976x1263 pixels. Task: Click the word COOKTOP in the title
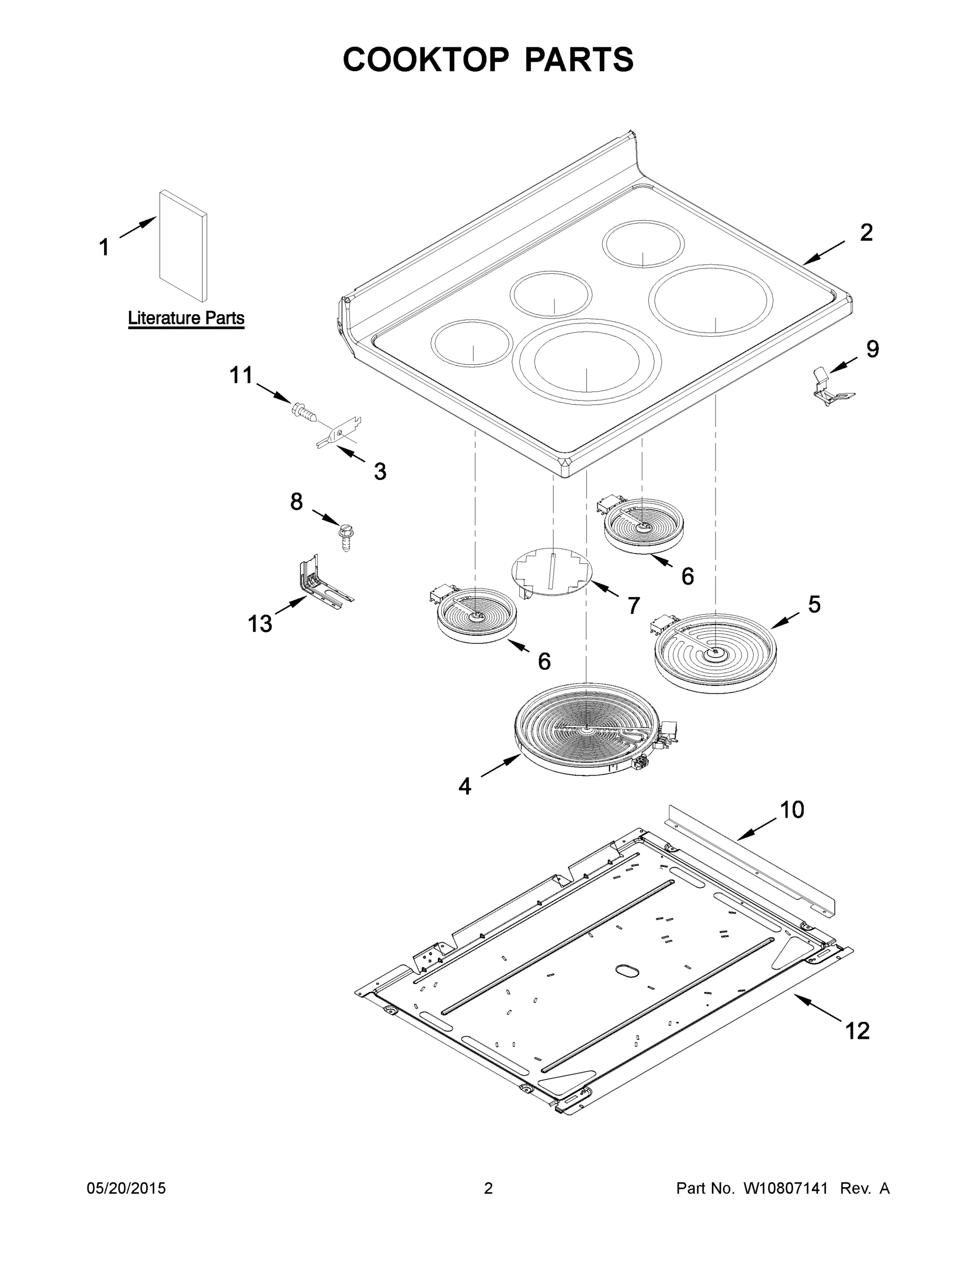[426, 59]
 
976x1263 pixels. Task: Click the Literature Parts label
[186, 318]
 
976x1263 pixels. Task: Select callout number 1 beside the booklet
[104, 247]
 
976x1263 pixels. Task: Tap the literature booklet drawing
[183, 246]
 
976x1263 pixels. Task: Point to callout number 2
[866, 233]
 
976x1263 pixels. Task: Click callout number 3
[379, 472]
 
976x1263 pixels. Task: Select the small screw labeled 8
[346, 536]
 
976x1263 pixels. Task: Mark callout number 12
[858, 1030]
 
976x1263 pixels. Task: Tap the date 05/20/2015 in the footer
[126, 1188]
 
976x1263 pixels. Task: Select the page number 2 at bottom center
[488, 1188]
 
